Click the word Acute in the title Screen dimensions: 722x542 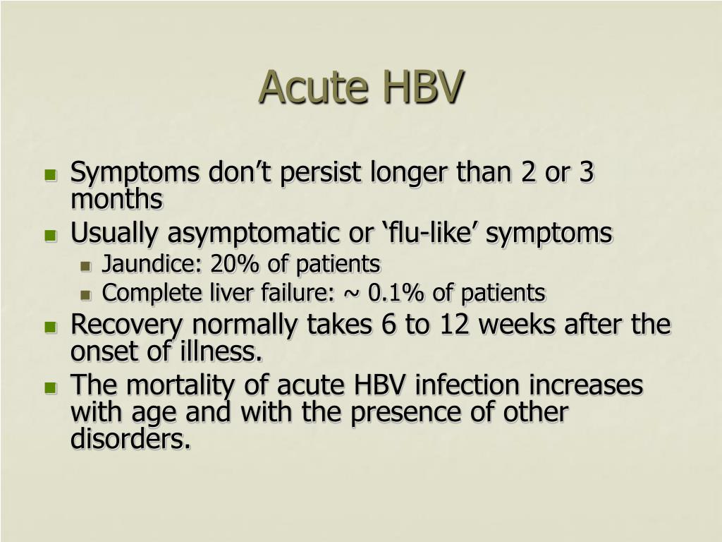click(314, 88)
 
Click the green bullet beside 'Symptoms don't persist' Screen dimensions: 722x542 click(51, 175)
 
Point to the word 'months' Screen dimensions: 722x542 click(117, 200)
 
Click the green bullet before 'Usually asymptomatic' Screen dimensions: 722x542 click(51, 236)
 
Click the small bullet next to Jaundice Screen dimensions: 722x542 click(85, 266)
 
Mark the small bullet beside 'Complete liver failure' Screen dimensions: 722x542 click(85, 295)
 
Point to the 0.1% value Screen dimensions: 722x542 click(396, 293)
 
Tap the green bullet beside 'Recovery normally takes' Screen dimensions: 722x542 click(51, 327)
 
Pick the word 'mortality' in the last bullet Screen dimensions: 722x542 click(180, 386)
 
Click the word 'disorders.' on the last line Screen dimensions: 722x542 click(130, 438)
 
